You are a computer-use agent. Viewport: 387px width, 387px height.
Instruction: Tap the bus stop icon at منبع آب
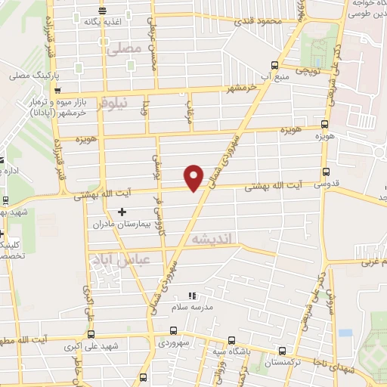[275, 65]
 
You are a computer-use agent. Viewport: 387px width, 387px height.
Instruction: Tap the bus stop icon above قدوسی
[326, 172]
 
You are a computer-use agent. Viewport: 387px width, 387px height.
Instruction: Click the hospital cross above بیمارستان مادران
[122, 212]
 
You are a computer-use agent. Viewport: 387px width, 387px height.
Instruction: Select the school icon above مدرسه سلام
[191, 295]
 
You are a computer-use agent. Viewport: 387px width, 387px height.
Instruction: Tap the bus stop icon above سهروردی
[175, 330]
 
